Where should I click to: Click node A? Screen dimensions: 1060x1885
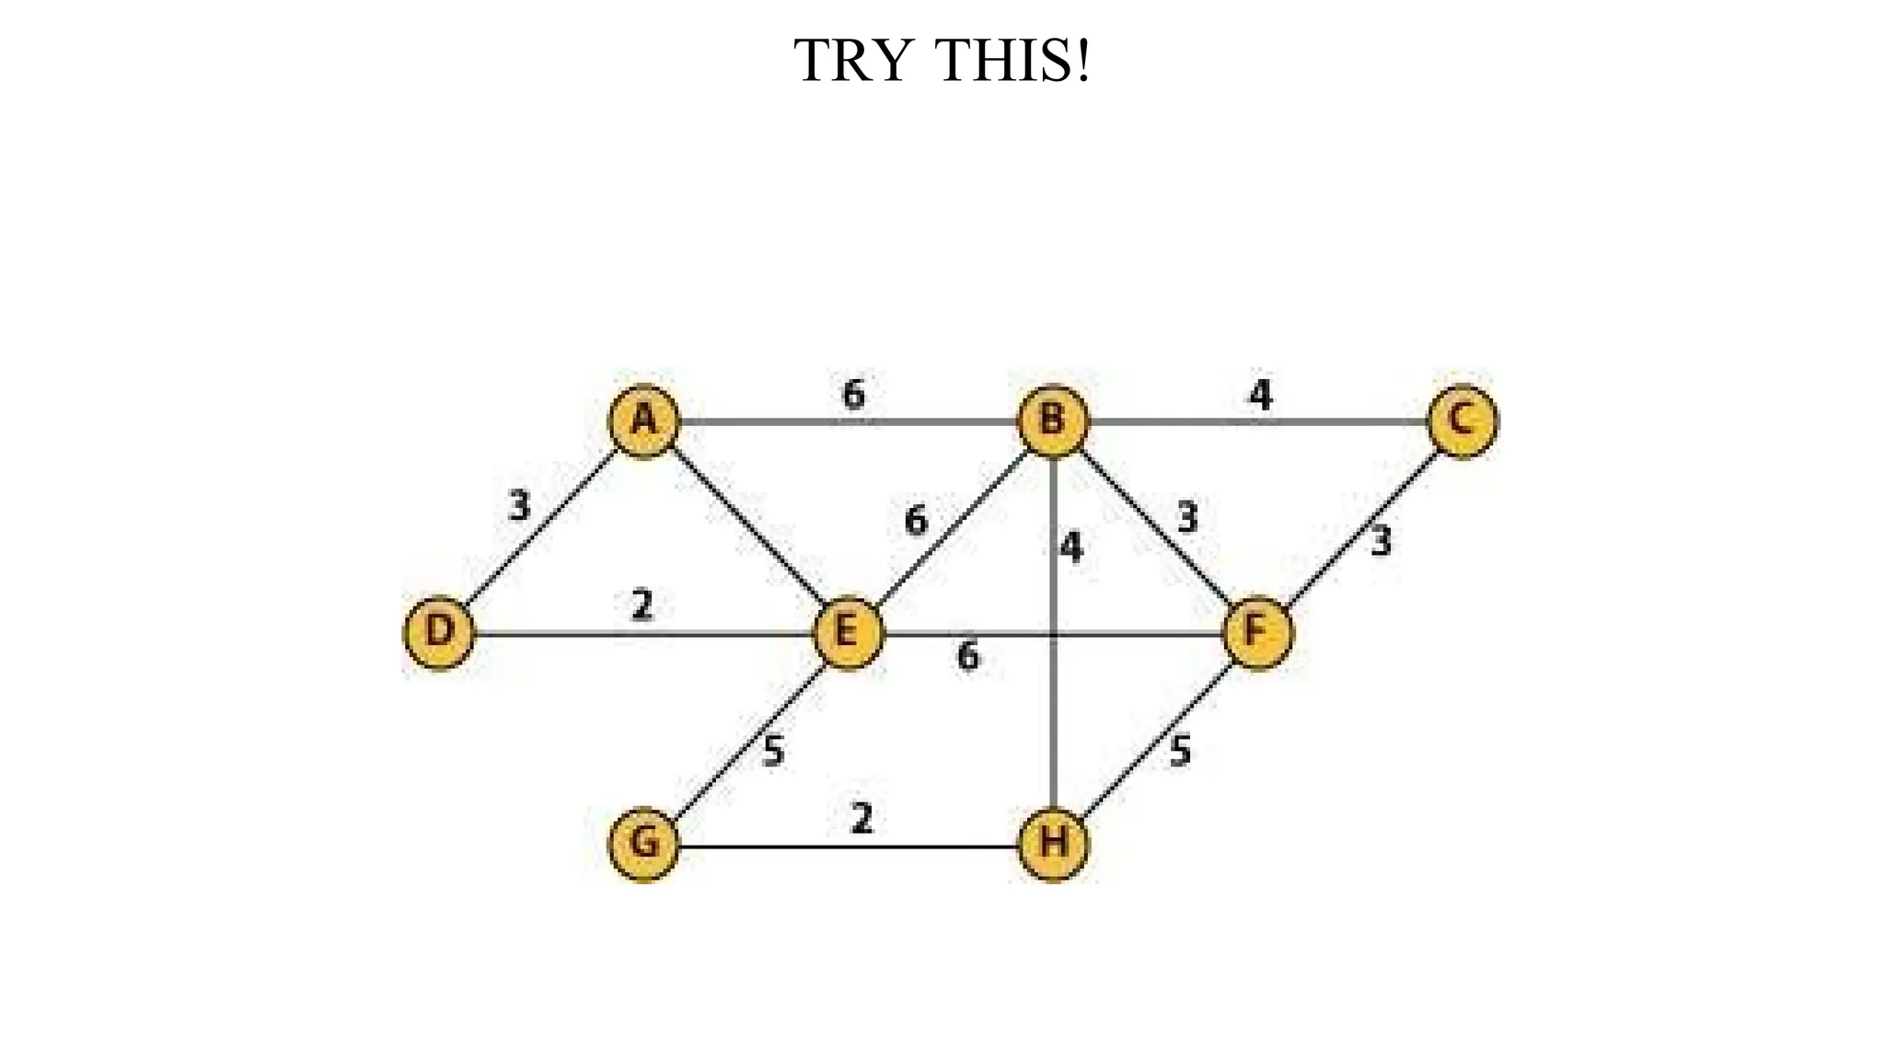tap(644, 421)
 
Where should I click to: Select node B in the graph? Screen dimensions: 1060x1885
tap(1053, 421)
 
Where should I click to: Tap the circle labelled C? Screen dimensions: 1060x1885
tap(1462, 421)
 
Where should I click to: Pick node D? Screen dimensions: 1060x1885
tap(440, 633)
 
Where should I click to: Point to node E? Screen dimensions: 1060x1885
tap(849, 633)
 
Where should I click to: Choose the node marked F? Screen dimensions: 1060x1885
tap(1257, 633)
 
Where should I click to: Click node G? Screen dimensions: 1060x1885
tap(644, 844)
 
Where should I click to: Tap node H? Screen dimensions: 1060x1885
tap(1053, 844)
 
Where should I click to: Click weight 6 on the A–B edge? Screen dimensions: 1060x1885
tap(853, 394)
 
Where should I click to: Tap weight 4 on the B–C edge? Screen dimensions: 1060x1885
tap(1260, 395)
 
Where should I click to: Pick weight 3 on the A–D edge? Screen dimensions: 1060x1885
tap(520, 506)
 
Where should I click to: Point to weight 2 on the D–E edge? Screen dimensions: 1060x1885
tap(642, 605)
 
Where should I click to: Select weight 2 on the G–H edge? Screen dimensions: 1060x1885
tap(862, 818)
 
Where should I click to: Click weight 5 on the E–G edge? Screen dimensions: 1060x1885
tap(774, 751)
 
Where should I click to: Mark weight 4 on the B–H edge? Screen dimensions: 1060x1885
tap(1071, 547)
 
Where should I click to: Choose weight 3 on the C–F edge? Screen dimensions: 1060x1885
tap(1381, 541)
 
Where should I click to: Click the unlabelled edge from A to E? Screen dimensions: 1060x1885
tap(746, 527)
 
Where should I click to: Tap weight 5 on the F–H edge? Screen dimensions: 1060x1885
tap(1180, 751)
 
